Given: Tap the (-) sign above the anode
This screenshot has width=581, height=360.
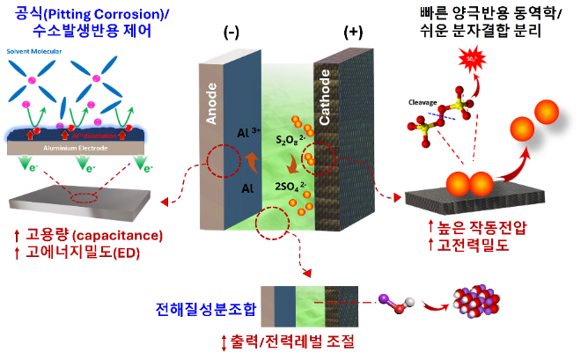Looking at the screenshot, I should tap(232, 32).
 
